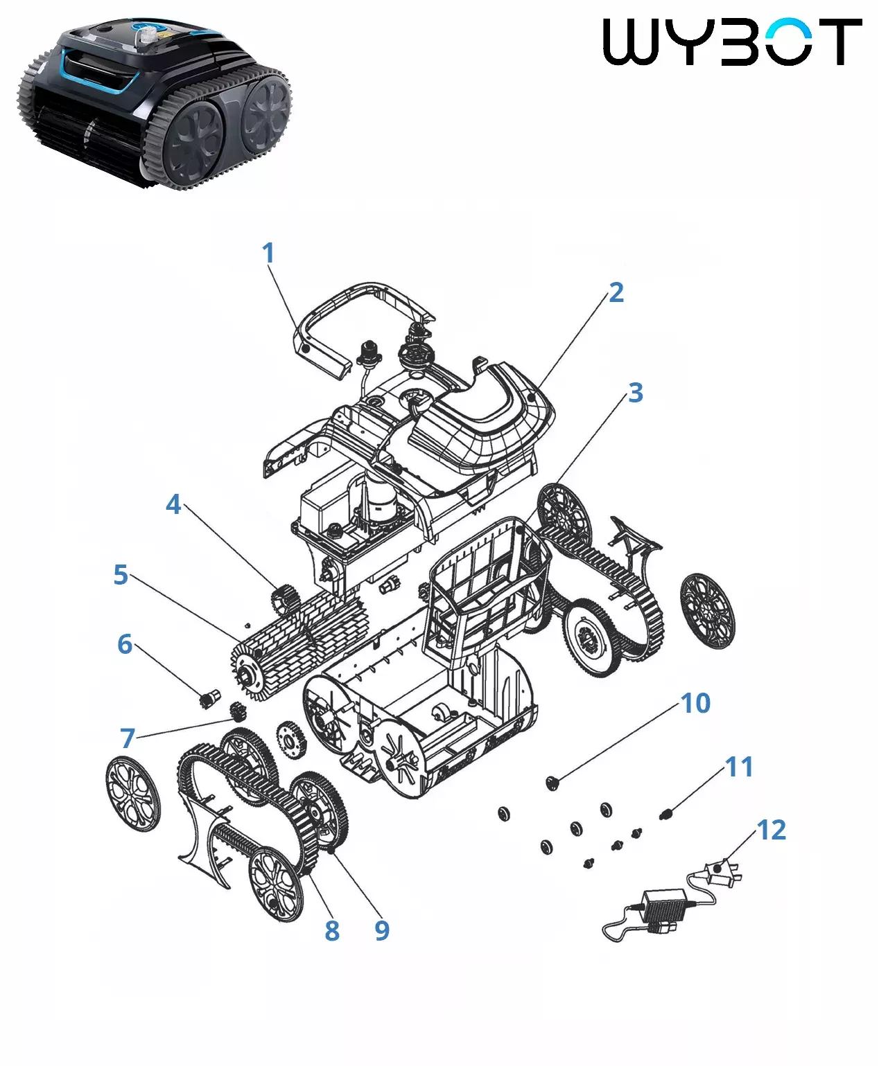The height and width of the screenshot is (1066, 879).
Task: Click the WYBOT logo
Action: point(732,42)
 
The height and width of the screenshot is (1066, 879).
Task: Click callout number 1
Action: point(268,253)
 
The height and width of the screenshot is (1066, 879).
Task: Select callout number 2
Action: point(616,292)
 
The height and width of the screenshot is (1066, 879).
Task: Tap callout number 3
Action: point(635,393)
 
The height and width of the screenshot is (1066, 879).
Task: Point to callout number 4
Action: point(173,504)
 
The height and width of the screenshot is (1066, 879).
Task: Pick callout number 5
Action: point(121,575)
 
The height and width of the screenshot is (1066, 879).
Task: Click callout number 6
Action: point(125,644)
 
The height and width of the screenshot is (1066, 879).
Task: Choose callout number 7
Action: point(128,738)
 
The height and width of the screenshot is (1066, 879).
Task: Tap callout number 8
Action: point(332,931)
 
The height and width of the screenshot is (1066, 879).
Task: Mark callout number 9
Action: point(382,931)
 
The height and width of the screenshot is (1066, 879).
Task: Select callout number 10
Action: point(695,704)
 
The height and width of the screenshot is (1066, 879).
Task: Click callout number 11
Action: point(739,767)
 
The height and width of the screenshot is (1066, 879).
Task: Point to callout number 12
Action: point(771,830)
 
